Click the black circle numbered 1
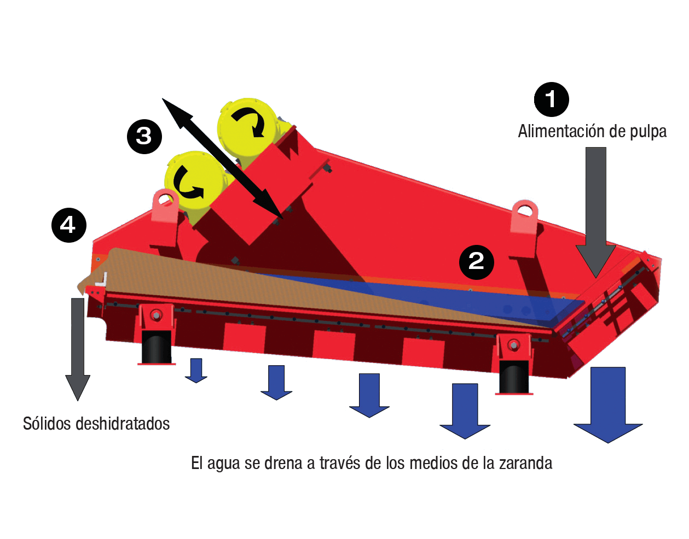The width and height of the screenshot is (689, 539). (551, 99)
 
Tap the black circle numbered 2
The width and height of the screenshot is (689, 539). (476, 262)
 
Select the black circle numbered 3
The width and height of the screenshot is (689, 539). (144, 137)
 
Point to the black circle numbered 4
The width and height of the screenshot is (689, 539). (69, 225)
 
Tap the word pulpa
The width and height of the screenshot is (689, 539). (648, 132)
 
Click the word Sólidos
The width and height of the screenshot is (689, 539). (47, 423)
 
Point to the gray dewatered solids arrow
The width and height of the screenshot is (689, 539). (78, 349)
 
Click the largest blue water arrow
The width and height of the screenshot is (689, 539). (608, 405)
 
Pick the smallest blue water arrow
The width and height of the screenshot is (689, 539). (196, 370)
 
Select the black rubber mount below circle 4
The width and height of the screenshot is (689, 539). (156, 347)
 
